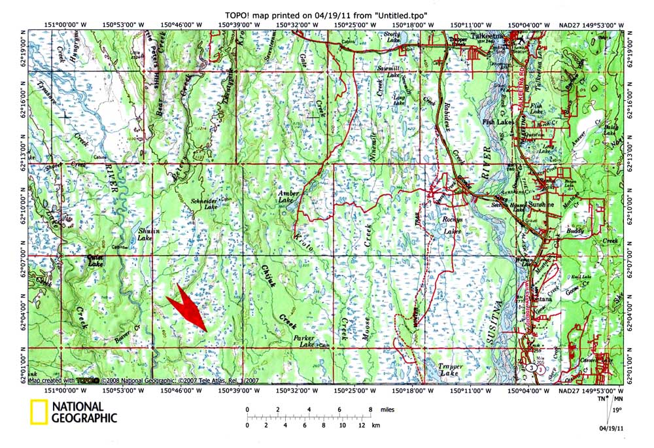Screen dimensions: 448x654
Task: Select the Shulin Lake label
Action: pyautogui.click(x=145, y=235)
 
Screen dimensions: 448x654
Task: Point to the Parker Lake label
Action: pyautogui.click(x=303, y=341)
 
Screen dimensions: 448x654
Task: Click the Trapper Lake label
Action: pyautogui.click(x=451, y=370)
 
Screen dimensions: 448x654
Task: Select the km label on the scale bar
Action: pyautogui.click(x=375, y=425)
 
